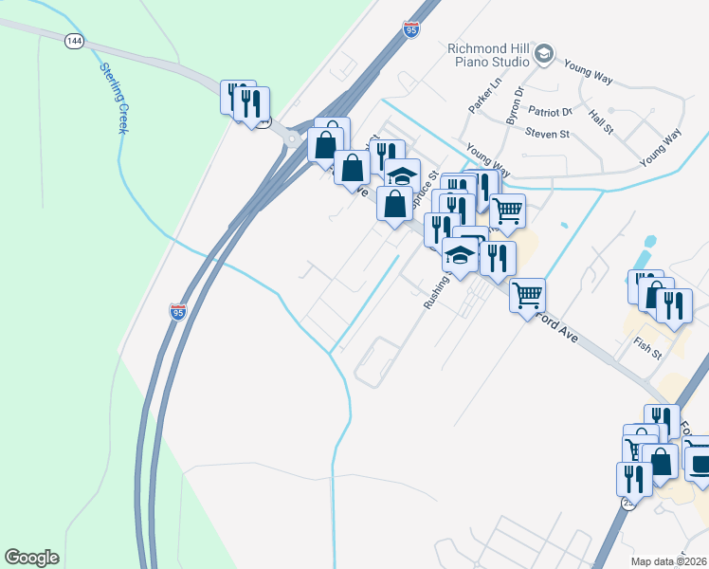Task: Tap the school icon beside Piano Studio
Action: (x=544, y=55)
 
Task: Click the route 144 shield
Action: (x=74, y=42)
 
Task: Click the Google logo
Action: (x=31, y=558)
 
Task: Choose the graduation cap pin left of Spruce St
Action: (x=402, y=175)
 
